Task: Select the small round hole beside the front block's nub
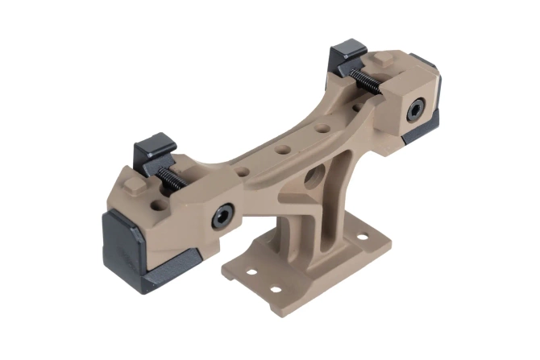click(160, 195)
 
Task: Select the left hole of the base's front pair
click(251, 273)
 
